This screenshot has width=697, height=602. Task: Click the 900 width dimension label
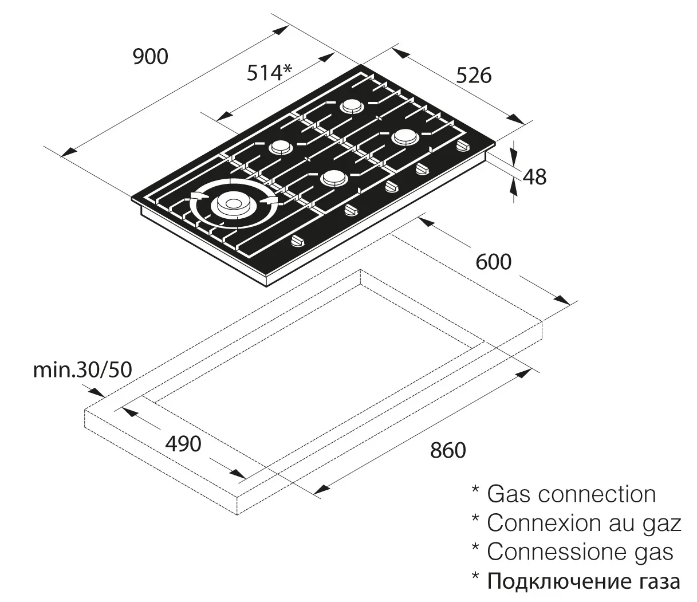tap(151, 56)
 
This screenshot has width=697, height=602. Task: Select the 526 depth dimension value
tap(474, 75)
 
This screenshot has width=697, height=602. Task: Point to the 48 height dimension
tap(534, 176)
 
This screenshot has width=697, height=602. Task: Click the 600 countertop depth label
tap(493, 262)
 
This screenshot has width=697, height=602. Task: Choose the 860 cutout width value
tap(448, 450)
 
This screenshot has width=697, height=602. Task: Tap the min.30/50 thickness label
tap(82, 370)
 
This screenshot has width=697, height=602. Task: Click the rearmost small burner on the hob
tap(351, 106)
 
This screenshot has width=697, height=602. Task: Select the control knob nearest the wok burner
tap(298, 242)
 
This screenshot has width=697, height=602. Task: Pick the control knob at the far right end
tap(462, 147)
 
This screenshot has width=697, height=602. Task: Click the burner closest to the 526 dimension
tap(404, 137)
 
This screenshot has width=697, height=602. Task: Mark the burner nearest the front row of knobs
tap(333, 178)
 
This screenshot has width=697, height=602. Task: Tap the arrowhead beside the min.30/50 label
tap(98, 392)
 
